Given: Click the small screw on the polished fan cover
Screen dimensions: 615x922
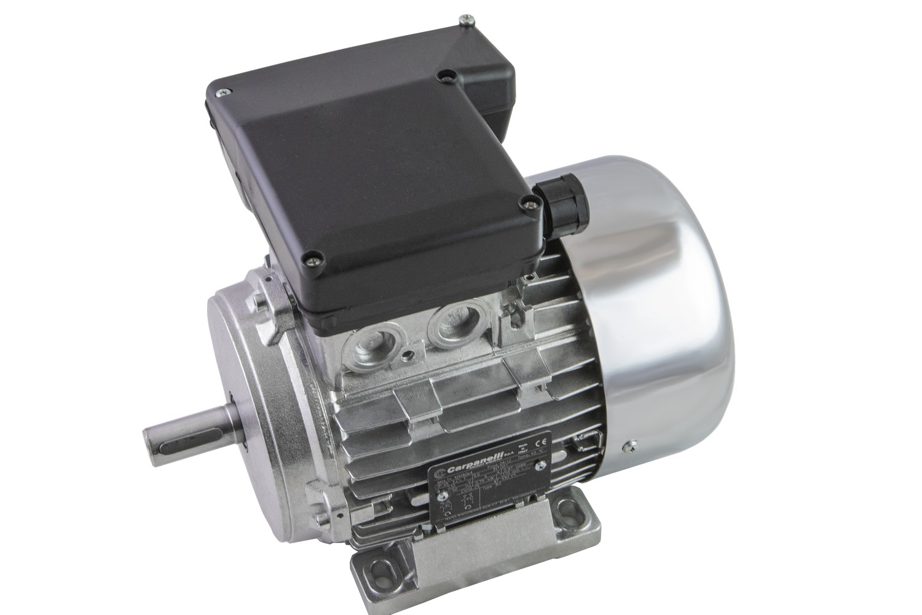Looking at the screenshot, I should (x=628, y=445).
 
